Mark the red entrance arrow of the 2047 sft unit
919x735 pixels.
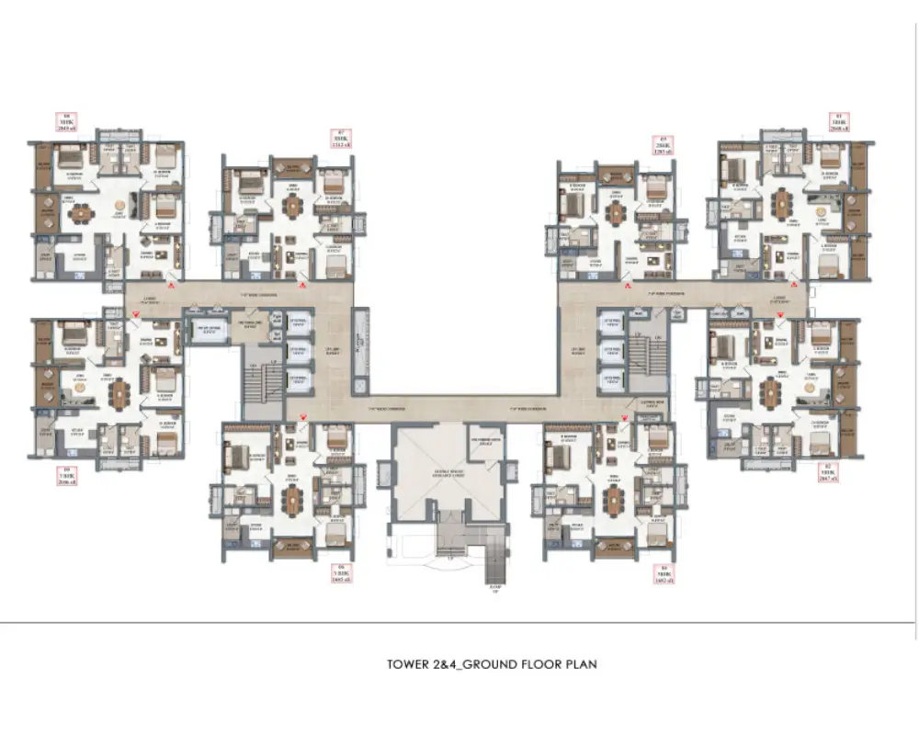[x=780, y=314]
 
